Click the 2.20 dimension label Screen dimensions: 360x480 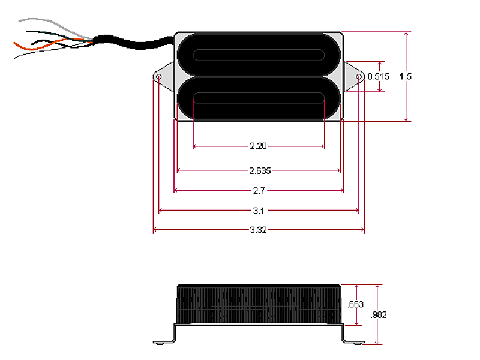[259, 146]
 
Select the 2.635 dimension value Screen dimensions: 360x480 [259, 170]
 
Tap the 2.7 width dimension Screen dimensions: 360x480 [259, 191]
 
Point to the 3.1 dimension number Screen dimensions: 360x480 [259, 211]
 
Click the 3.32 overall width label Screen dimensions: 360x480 [259, 230]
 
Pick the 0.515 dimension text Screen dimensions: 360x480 [378, 76]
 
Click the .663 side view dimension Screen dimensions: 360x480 [356, 305]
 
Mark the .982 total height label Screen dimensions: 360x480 [379, 315]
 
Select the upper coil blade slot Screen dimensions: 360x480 [259, 56]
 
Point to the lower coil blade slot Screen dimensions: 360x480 [259, 99]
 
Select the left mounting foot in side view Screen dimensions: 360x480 [163, 342]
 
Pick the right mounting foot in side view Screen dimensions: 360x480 [354, 342]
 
